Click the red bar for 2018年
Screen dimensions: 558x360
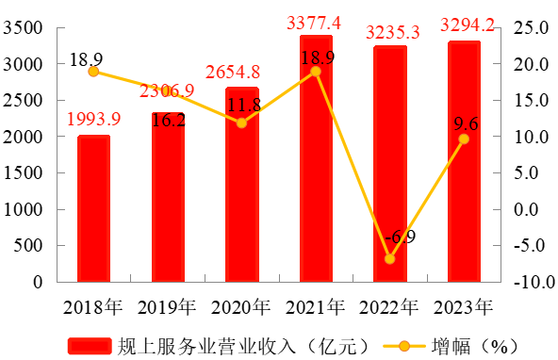coord(93,209)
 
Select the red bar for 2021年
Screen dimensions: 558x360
coord(316,158)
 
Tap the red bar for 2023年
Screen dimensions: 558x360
coord(464,161)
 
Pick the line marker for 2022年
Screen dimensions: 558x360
coord(390,259)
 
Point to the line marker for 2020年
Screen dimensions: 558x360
coord(241,123)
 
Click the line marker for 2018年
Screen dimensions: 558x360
coord(93,72)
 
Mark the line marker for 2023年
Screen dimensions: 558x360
coord(464,139)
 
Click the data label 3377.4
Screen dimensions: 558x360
coord(314,24)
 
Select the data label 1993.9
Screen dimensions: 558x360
coord(94,119)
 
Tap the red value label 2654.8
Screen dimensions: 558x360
coord(233,72)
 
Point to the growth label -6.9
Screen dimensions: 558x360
coord(401,237)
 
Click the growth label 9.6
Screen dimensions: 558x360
coord(466,123)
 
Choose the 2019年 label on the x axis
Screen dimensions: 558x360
coord(167,307)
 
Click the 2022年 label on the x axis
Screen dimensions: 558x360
coord(388,307)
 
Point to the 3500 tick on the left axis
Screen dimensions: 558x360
coord(23,27)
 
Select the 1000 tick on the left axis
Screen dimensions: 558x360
coord(23,209)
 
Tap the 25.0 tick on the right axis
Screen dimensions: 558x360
coord(532,27)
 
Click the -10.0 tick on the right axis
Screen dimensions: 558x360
coord(534,282)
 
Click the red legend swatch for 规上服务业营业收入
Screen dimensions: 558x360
coord(90,346)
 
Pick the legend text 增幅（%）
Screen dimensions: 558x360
coord(475,346)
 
